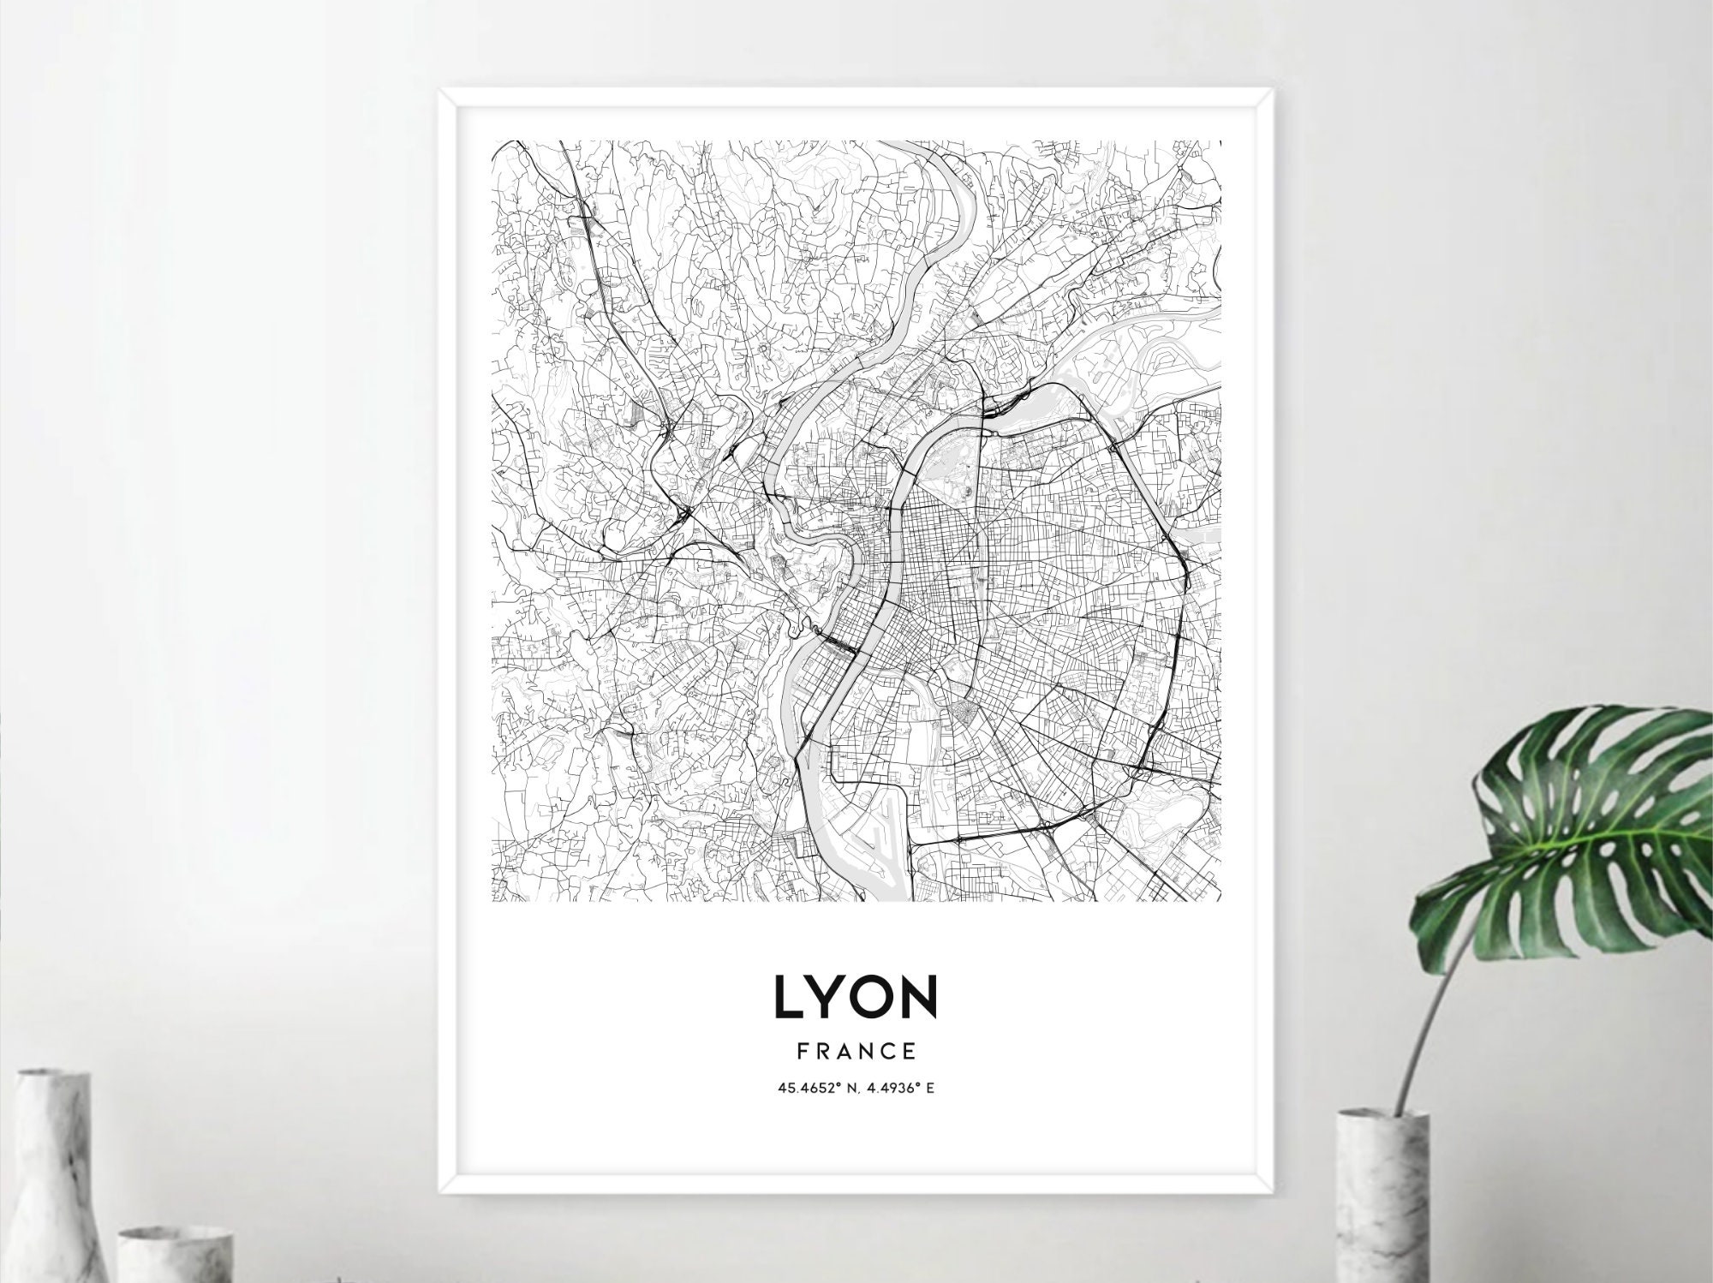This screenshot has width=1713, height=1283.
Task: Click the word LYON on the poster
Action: coord(856,997)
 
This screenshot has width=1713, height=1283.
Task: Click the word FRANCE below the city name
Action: coord(856,1051)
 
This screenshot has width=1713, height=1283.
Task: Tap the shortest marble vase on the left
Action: coord(176,1255)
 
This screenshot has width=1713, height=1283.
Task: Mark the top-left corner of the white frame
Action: coord(439,89)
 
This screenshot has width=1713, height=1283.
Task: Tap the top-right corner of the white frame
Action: coord(1274,89)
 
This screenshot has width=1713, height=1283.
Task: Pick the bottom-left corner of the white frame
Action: coord(439,1192)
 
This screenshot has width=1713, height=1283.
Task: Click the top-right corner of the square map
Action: coord(1221,141)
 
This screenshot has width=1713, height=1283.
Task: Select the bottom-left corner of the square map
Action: coord(492,900)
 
